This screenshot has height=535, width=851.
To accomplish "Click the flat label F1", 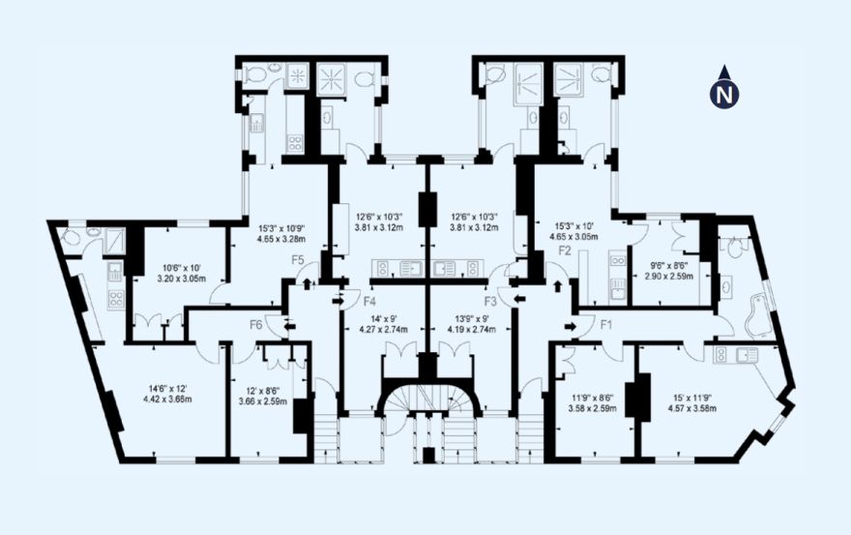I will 606,325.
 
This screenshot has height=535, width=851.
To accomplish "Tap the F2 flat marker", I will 565,251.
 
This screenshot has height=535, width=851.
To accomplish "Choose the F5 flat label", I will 298,259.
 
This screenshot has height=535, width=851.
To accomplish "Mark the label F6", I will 256,325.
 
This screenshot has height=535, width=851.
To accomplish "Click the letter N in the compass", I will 724,94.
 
